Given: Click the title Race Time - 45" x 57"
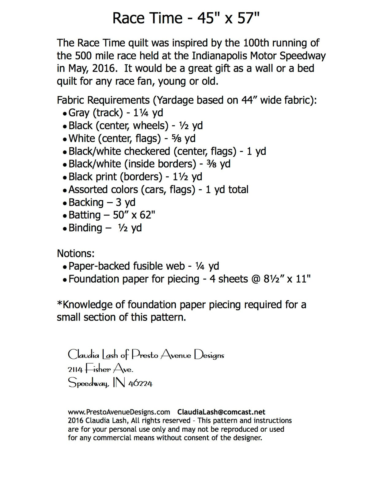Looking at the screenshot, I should click(186, 18).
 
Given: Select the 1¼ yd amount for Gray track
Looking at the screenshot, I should click(148, 113).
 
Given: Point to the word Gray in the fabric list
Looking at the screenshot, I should click(79, 113).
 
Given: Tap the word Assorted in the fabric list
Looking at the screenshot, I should click(88, 190).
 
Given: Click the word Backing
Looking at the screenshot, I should click(86, 202).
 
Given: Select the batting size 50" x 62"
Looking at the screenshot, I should click(134, 215).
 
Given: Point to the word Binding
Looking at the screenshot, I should click(85, 228).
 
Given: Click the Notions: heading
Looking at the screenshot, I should click(76, 253).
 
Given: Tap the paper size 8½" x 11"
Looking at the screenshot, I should click(287, 279).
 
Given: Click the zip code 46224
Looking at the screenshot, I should click(140, 383).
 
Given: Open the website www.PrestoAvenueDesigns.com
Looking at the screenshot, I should click(119, 412).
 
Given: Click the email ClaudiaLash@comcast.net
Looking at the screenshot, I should click(221, 412).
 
